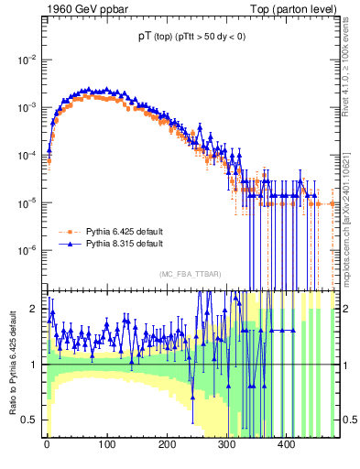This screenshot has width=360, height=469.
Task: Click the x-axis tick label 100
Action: click(106, 444)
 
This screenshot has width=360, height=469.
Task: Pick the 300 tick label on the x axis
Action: click(226, 444)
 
